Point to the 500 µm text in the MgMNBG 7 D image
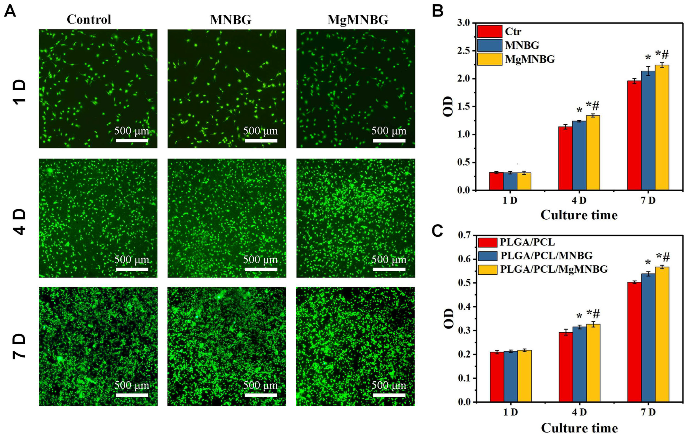(x=389, y=385)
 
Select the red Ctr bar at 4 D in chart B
(x=565, y=159)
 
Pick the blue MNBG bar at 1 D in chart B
(x=510, y=181)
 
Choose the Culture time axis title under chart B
(x=579, y=215)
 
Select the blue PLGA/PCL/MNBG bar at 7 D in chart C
(x=648, y=338)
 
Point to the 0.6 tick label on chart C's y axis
(x=465, y=259)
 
